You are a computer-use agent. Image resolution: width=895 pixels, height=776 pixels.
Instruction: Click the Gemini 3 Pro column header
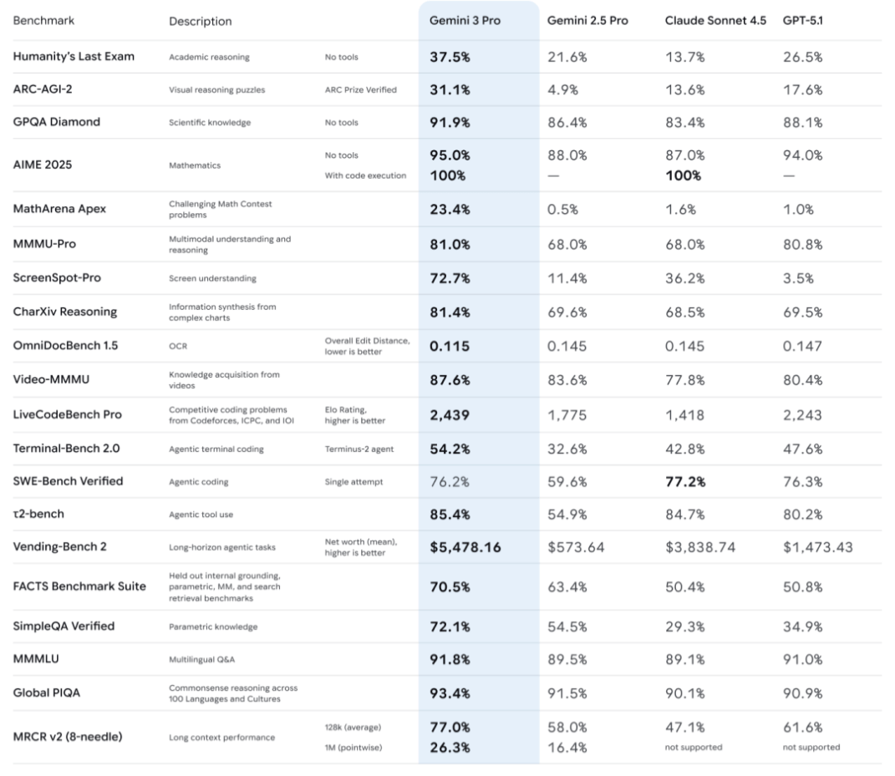click(465, 20)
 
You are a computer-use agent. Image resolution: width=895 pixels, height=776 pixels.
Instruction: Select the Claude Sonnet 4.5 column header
click(715, 20)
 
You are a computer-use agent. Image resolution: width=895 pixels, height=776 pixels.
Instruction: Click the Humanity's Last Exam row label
click(74, 57)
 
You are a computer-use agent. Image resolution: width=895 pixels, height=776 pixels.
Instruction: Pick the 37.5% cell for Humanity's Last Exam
click(450, 57)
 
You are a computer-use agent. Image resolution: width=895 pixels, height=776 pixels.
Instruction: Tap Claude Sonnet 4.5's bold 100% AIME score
click(683, 175)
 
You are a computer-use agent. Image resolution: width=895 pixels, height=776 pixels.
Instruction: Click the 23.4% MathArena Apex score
click(450, 209)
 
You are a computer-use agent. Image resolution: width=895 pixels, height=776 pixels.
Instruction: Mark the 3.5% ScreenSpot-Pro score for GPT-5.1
click(798, 277)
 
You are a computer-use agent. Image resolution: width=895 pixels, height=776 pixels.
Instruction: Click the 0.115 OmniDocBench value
click(450, 346)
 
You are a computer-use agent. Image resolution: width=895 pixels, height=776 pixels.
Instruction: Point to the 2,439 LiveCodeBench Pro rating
click(450, 414)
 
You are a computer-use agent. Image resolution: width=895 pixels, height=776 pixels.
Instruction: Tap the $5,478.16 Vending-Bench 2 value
click(465, 547)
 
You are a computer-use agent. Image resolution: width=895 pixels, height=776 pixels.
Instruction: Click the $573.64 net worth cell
click(576, 547)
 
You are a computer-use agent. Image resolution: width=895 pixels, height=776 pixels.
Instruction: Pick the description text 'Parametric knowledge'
click(213, 626)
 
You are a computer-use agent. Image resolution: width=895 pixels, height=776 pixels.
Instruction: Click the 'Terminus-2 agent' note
click(359, 449)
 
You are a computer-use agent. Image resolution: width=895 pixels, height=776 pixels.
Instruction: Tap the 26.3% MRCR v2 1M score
click(450, 747)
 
